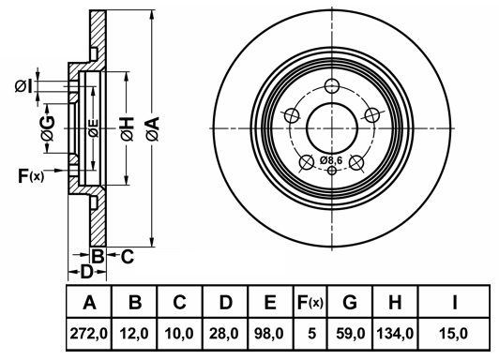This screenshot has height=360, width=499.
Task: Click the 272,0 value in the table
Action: point(89,334)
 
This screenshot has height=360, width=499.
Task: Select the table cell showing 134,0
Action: point(395,334)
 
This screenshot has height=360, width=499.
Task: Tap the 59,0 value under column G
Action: point(351,334)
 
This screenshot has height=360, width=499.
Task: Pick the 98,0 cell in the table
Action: point(269,334)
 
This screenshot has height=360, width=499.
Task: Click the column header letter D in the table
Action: point(226,302)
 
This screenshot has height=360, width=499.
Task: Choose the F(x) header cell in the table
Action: point(310,302)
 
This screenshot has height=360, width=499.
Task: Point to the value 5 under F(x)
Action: point(312,334)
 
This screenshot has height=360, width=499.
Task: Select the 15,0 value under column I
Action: point(454,334)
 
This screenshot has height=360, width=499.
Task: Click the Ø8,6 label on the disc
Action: point(331,160)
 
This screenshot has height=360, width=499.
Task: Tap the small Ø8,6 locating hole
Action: point(332,171)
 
